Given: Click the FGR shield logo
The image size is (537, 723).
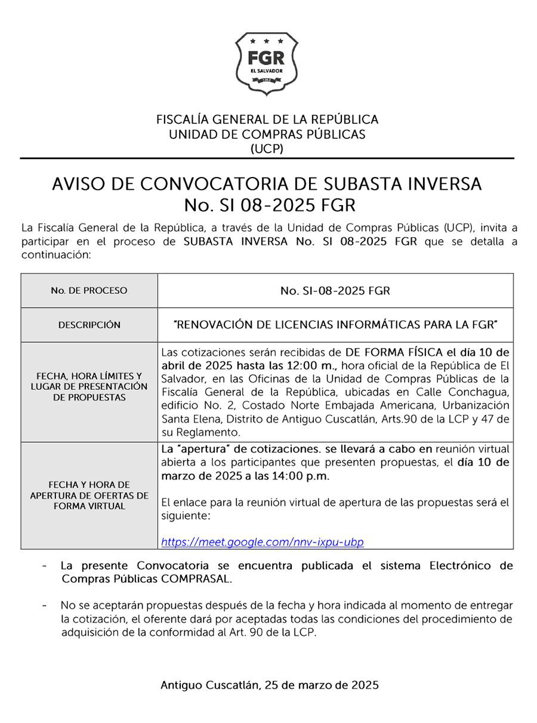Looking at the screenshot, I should pyautogui.click(x=267, y=63).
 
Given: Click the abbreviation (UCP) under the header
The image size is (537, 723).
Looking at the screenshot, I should pyautogui.click(x=267, y=149).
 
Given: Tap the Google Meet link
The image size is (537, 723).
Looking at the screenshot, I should pyautogui.click(x=263, y=542).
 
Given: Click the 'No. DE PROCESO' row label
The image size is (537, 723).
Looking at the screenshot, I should pyautogui.click(x=89, y=291).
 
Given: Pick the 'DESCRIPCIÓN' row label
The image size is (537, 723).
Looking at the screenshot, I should pyautogui.click(x=89, y=325).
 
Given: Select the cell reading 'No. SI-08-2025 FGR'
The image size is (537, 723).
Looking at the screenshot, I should pyautogui.click(x=335, y=291).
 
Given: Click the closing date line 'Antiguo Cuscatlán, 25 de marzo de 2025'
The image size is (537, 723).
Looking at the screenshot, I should pyautogui.click(x=270, y=685).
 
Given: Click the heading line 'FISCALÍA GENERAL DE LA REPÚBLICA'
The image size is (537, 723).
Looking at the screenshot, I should pyautogui.click(x=267, y=119).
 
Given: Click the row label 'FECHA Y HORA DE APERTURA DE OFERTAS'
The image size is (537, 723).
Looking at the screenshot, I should pyautogui.click(x=89, y=495).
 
